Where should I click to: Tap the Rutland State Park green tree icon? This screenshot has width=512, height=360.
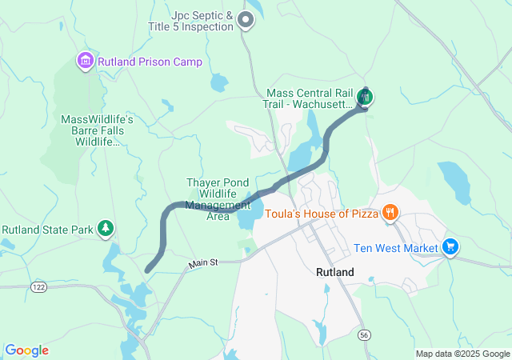coord(106,230)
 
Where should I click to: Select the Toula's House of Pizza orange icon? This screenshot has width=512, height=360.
coord(390,213)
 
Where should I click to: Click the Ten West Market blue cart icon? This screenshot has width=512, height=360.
coord(450,247)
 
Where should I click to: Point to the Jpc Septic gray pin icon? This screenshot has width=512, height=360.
coord(246,21)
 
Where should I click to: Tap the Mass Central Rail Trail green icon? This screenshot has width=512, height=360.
coord(366,98)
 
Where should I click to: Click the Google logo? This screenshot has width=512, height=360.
coord(26,350)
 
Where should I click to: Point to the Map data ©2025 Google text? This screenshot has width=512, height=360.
coord(462,354)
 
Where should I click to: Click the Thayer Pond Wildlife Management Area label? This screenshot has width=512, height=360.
coord(218,199)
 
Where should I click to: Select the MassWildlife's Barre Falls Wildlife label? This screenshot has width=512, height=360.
coord(97,130)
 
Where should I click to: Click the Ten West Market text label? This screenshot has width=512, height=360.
coord(396,248)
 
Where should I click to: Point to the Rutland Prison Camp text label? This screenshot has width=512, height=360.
coord(150,62)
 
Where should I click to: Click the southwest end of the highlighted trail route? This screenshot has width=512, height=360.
coord(148,270)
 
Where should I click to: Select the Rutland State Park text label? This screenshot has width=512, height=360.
coord(48,230)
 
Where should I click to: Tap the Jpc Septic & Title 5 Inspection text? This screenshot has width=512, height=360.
coord(202,21)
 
